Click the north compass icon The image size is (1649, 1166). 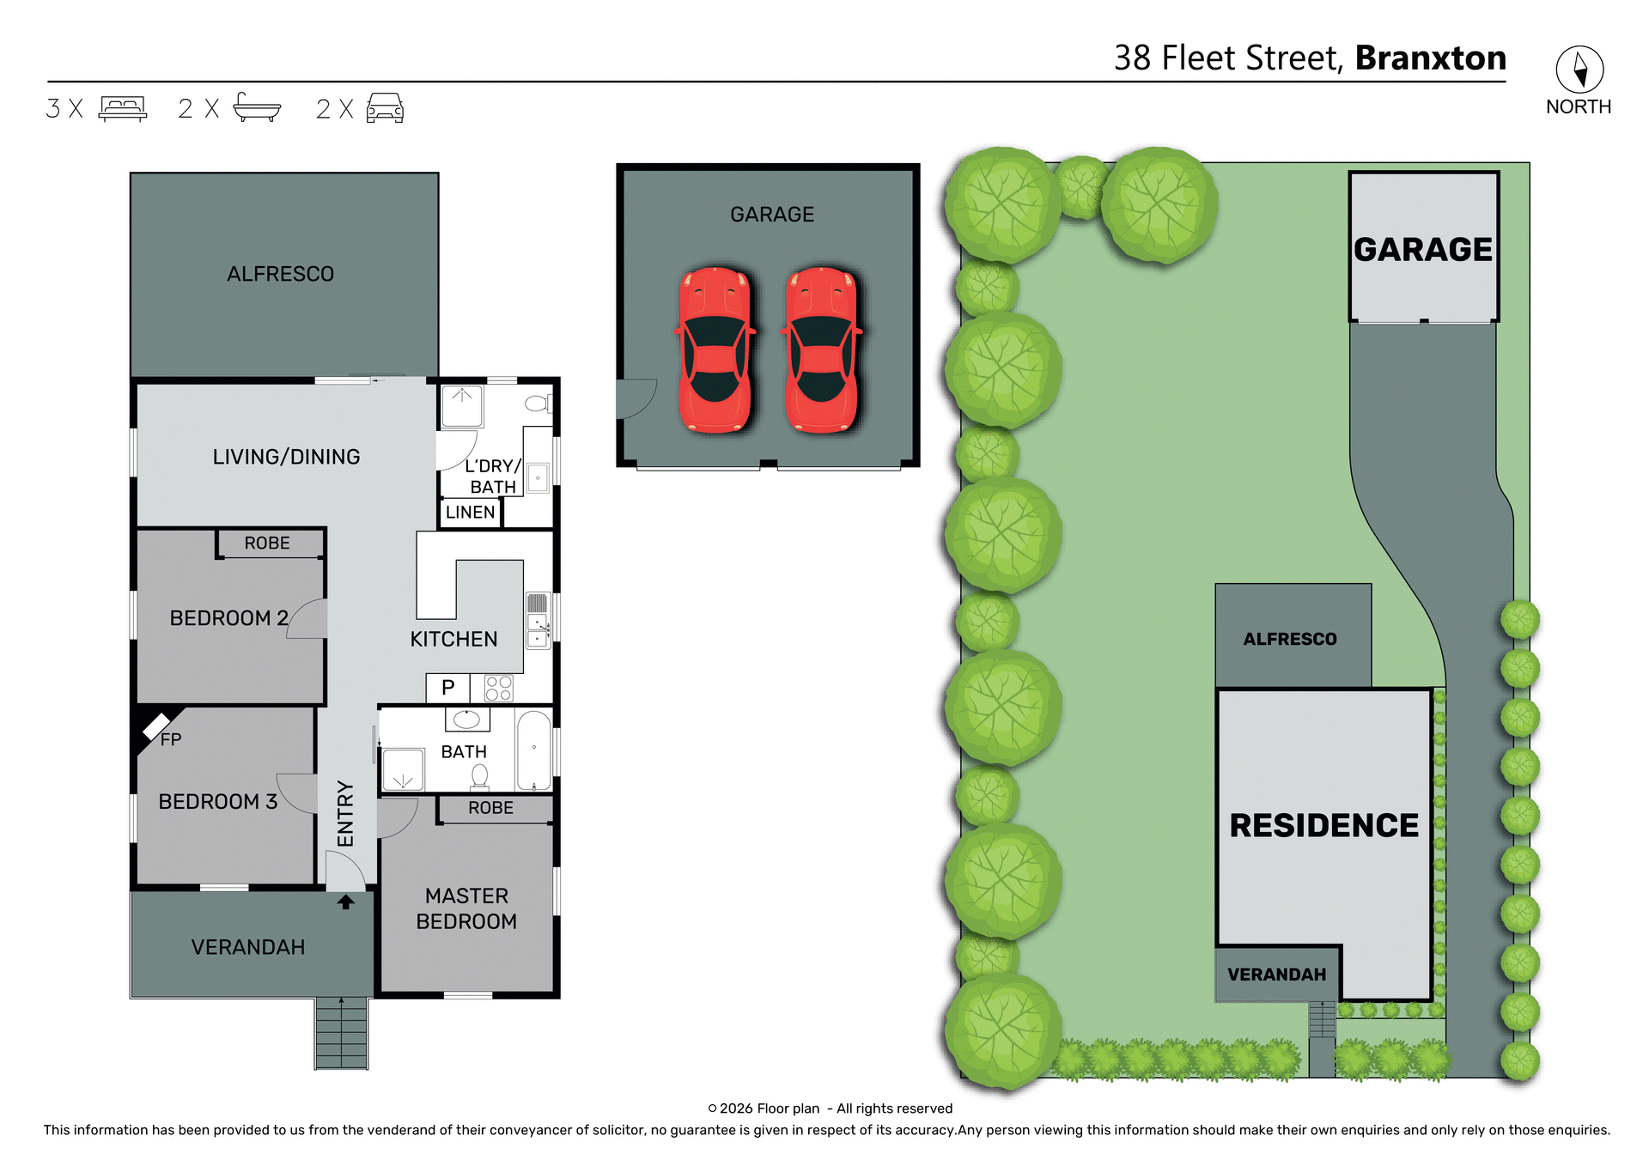coord(1579,70)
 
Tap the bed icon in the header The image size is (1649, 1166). coord(123,109)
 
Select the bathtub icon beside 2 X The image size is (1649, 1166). coord(257,108)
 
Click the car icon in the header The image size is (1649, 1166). coord(385,109)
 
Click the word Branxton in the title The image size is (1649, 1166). coord(1430,58)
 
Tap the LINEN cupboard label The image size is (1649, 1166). coord(470,513)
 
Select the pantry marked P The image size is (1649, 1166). coord(447,688)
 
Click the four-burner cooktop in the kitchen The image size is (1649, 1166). coord(498,689)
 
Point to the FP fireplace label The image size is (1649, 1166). coord(171,739)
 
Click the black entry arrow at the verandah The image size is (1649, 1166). coord(345,902)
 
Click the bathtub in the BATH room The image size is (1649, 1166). coord(533,750)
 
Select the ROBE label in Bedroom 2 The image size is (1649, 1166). coord(267,544)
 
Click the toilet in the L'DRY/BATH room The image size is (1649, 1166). coord(538,403)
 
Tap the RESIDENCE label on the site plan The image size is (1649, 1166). coord(1323,825)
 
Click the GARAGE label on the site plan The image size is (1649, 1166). coord(1423,250)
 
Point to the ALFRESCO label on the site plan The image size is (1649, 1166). coord(1290,639)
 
